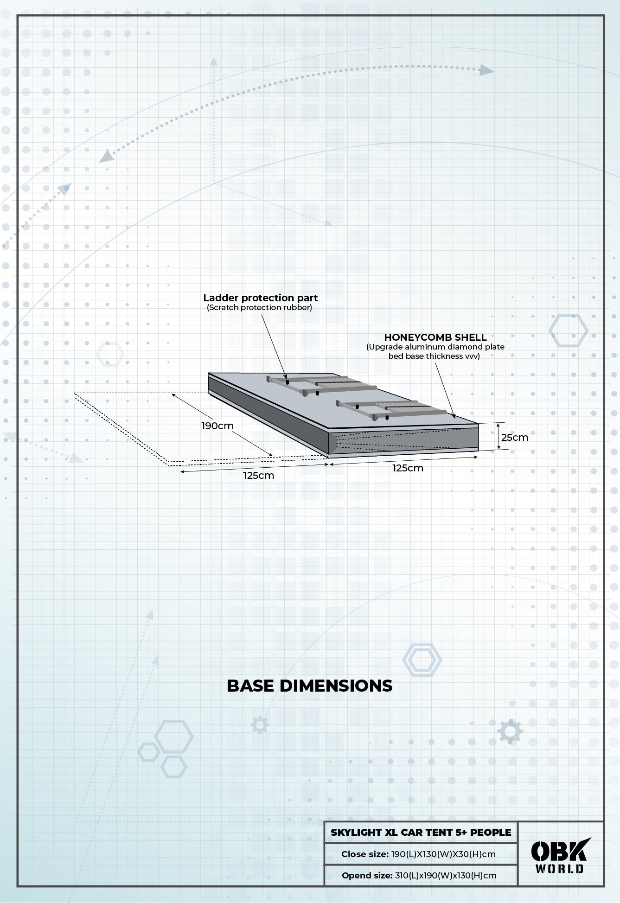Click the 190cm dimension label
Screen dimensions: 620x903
(x=217, y=426)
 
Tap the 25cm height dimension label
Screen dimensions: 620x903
(x=514, y=437)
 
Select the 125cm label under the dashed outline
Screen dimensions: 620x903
(x=258, y=475)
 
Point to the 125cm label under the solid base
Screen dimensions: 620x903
(x=408, y=468)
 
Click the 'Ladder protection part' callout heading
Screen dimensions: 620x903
(x=261, y=298)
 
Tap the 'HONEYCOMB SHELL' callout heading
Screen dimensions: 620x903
(x=435, y=337)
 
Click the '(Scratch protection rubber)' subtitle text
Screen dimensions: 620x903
(x=259, y=307)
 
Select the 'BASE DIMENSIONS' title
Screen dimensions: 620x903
(x=309, y=686)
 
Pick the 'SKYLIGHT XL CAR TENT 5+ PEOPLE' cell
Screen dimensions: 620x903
(x=421, y=832)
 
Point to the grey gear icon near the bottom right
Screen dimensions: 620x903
(x=510, y=731)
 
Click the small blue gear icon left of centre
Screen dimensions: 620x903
(x=260, y=724)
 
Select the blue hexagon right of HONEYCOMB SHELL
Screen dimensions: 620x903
(x=568, y=330)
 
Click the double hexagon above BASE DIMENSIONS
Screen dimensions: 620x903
(x=422, y=659)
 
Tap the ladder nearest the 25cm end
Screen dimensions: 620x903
(x=390, y=410)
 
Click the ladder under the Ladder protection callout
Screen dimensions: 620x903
(x=321, y=386)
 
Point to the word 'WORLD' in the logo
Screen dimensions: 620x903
(x=560, y=868)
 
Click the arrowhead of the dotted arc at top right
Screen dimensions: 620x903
(x=486, y=70)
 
